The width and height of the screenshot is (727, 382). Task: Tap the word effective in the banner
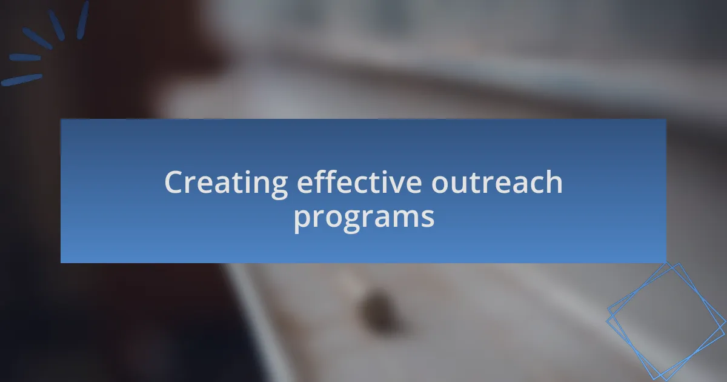click(x=359, y=181)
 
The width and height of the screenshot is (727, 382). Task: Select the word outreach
click(x=497, y=181)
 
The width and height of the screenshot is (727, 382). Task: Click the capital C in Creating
click(x=174, y=182)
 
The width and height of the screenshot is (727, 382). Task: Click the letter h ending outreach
click(x=553, y=181)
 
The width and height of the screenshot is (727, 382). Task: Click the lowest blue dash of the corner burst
click(x=21, y=80)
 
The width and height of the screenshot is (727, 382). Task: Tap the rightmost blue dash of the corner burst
click(x=83, y=20)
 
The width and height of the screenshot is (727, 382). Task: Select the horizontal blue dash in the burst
click(x=25, y=58)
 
